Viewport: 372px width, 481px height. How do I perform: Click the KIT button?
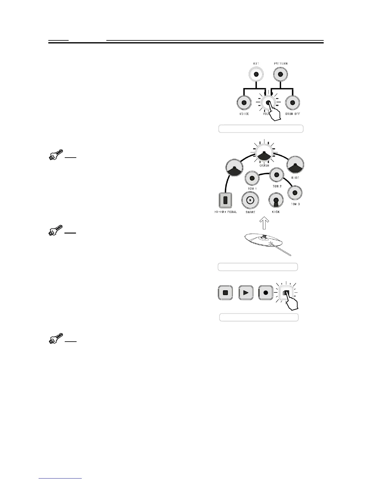(256, 74)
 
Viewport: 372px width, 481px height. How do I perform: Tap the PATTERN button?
(281, 74)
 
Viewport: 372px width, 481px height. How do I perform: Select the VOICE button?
(244, 103)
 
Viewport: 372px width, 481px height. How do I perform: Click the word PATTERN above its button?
(281, 64)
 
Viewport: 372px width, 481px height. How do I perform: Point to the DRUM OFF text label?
(293, 114)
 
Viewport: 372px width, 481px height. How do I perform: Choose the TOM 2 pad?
(277, 175)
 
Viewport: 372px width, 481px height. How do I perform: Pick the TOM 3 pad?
(294, 193)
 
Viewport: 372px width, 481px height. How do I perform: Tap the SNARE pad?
(250, 200)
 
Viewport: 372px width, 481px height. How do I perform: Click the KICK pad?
(276, 200)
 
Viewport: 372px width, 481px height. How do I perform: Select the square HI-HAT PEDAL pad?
(225, 200)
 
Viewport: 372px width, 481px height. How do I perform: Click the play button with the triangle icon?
(246, 293)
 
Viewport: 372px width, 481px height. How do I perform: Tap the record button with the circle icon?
(266, 293)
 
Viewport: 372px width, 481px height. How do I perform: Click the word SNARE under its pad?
(250, 212)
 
